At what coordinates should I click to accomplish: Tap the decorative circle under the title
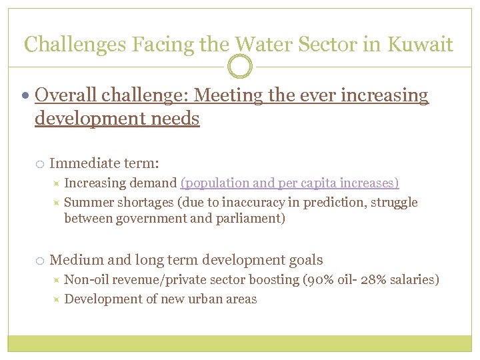(240, 67)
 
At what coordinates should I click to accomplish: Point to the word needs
(176, 119)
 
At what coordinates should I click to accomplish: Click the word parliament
(251, 219)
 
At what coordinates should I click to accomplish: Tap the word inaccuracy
(250, 203)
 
